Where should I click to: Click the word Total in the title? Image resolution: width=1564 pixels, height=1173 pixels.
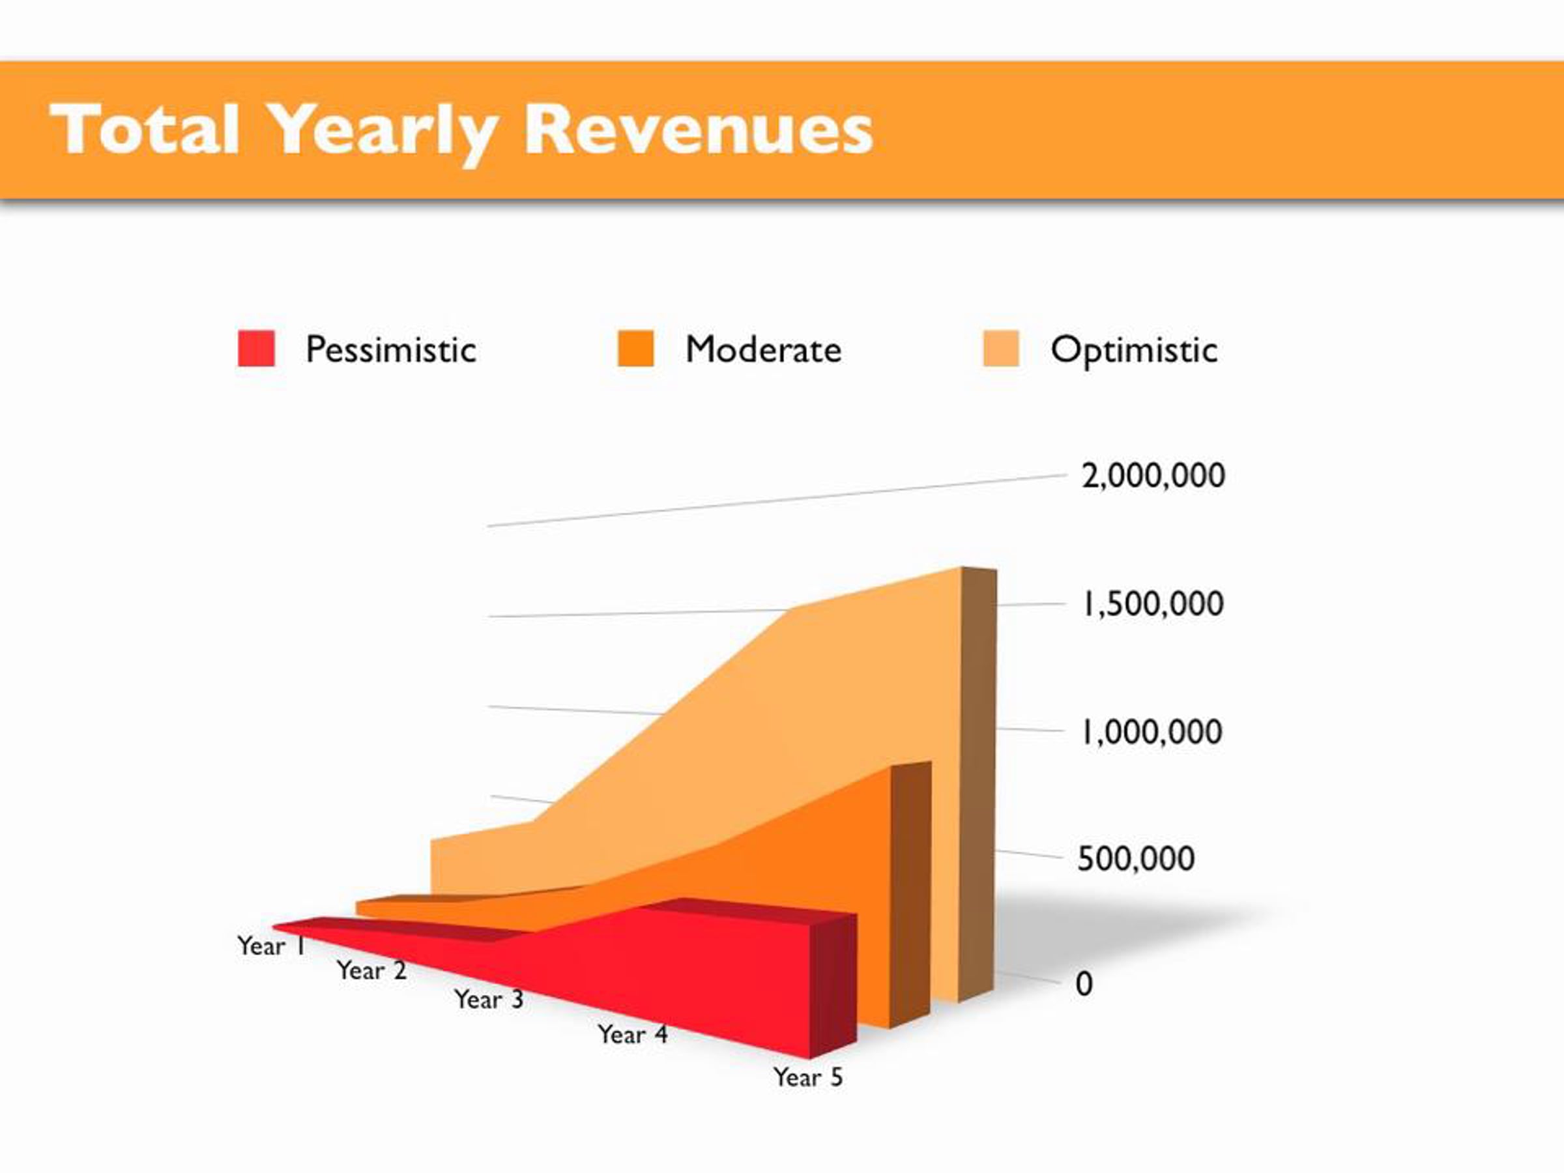coord(144,130)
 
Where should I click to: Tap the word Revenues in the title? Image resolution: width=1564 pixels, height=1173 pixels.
coord(699,130)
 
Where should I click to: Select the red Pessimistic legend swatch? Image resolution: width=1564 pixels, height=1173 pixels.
coord(256,349)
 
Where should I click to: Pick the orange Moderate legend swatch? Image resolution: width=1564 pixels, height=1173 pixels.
coord(635,349)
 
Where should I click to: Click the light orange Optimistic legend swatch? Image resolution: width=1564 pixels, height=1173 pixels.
coord(1000,349)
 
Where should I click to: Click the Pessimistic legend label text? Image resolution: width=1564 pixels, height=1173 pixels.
coord(390,349)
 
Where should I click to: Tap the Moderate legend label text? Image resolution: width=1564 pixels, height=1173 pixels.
coord(764,349)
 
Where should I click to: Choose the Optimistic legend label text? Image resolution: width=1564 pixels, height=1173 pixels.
coord(1134,349)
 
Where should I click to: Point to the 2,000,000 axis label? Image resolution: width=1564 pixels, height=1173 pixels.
coord(1153,475)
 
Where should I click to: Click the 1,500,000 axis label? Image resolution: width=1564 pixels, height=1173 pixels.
coord(1153,604)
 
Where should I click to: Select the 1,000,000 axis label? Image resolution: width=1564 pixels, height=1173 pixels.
coord(1151,731)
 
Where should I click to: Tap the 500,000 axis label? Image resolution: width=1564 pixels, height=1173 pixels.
coord(1135,858)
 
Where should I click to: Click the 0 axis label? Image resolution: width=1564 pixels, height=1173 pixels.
coord(1084,983)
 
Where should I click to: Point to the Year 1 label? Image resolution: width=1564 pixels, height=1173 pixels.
coord(271,946)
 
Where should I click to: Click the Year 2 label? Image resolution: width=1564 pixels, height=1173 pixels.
coord(371,970)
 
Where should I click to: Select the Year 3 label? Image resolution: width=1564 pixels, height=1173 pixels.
coord(489,999)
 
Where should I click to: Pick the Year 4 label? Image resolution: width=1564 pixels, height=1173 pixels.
coord(632,1034)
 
